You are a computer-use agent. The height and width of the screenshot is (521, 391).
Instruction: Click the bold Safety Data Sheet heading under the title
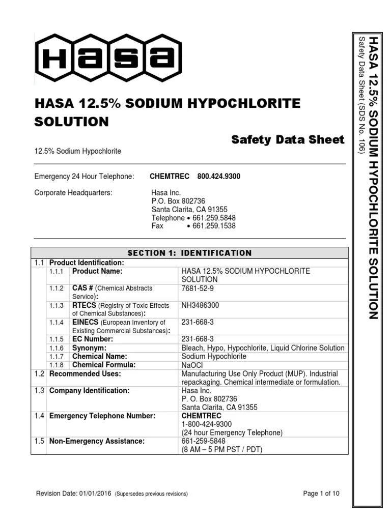pos(288,139)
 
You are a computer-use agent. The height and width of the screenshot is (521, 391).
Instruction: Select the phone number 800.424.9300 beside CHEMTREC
pos(219,177)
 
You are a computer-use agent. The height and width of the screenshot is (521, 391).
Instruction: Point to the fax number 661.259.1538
pos(214,226)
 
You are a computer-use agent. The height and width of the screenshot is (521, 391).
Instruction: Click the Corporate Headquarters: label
pos(73,193)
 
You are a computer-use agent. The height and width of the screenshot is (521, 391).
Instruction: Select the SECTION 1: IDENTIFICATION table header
pos(189,253)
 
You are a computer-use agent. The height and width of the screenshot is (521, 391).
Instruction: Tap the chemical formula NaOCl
pos(192,365)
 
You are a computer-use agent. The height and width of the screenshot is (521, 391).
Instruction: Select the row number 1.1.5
pos(57,339)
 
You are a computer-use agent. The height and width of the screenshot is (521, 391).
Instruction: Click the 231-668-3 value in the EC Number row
pos(198,339)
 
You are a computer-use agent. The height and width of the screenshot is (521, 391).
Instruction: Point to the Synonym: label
pos(89,348)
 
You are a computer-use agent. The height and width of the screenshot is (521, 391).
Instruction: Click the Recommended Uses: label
pos(85,374)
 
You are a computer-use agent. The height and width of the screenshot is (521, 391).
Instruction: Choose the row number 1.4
pos(39,416)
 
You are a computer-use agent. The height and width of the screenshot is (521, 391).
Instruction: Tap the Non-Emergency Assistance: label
pos(97,441)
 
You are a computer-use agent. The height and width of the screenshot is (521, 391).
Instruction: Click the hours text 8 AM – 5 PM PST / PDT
pos(222,450)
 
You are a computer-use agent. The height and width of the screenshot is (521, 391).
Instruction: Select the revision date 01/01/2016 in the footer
pos(96,494)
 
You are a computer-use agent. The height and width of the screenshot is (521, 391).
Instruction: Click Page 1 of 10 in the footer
pos(321,494)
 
